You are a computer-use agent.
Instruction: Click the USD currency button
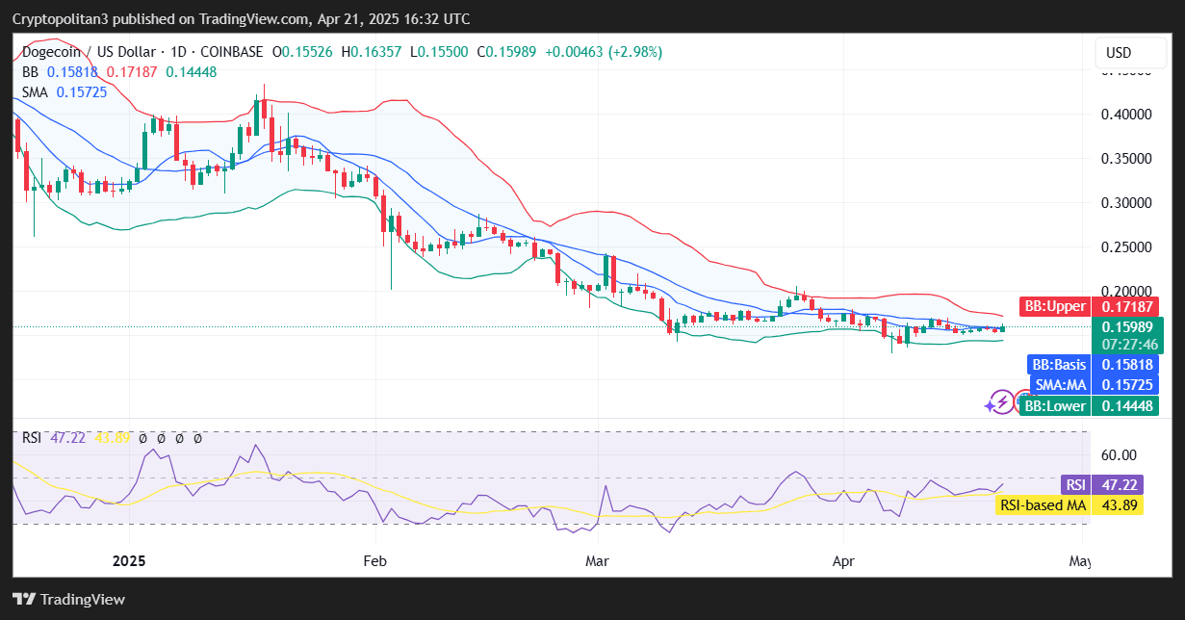pyautogui.click(x=1119, y=52)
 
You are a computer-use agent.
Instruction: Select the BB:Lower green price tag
pyautogui.click(x=1089, y=406)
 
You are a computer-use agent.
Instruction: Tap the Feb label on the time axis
pyautogui.click(x=375, y=560)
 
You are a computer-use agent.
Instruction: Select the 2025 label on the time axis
pyautogui.click(x=128, y=560)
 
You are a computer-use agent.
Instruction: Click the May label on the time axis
pyautogui.click(x=1081, y=560)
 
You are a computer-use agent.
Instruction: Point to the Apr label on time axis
pyautogui.click(x=843, y=560)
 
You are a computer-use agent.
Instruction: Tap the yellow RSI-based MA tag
pyautogui.click(x=1069, y=505)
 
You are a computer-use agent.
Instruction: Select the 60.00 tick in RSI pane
pyautogui.click(x=1119, y=454)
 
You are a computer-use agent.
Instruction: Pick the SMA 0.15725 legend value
pyautogui.click(x=82, y=91)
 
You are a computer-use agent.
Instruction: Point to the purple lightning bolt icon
pyautogui.click(x=1001, y=401)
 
